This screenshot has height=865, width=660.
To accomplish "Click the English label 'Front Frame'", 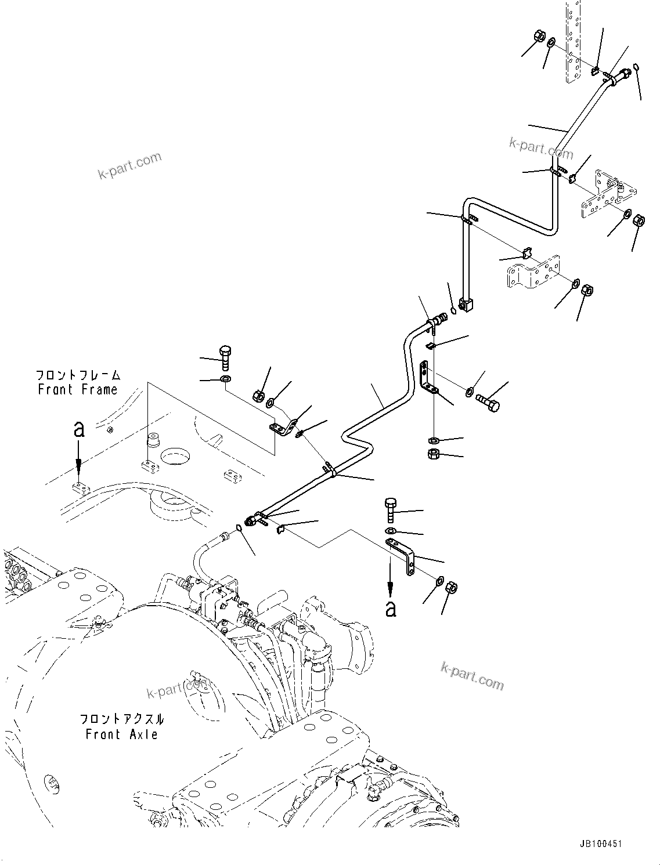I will click(x=78, y=390).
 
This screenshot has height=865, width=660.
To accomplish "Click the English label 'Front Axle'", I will click(x=121, y=734).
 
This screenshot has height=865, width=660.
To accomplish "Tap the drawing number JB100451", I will click(x=599, y=844).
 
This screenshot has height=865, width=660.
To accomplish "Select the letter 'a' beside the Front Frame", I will click(x=79, y=429).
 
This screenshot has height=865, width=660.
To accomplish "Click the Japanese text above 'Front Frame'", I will click(x=78, y=375).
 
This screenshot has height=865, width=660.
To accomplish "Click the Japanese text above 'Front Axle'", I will click(x=121, y=719).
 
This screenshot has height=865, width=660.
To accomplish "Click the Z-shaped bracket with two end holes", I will click(x=402, y=555).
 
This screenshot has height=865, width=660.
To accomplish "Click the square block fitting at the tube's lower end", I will click(x=466, y=303).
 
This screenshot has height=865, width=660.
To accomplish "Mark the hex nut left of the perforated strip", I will click(x=539, y=36).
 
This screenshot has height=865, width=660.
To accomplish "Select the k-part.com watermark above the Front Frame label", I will click(x=129, y=165).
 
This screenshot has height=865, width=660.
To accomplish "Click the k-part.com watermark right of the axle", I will click(x=472, y=676).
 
